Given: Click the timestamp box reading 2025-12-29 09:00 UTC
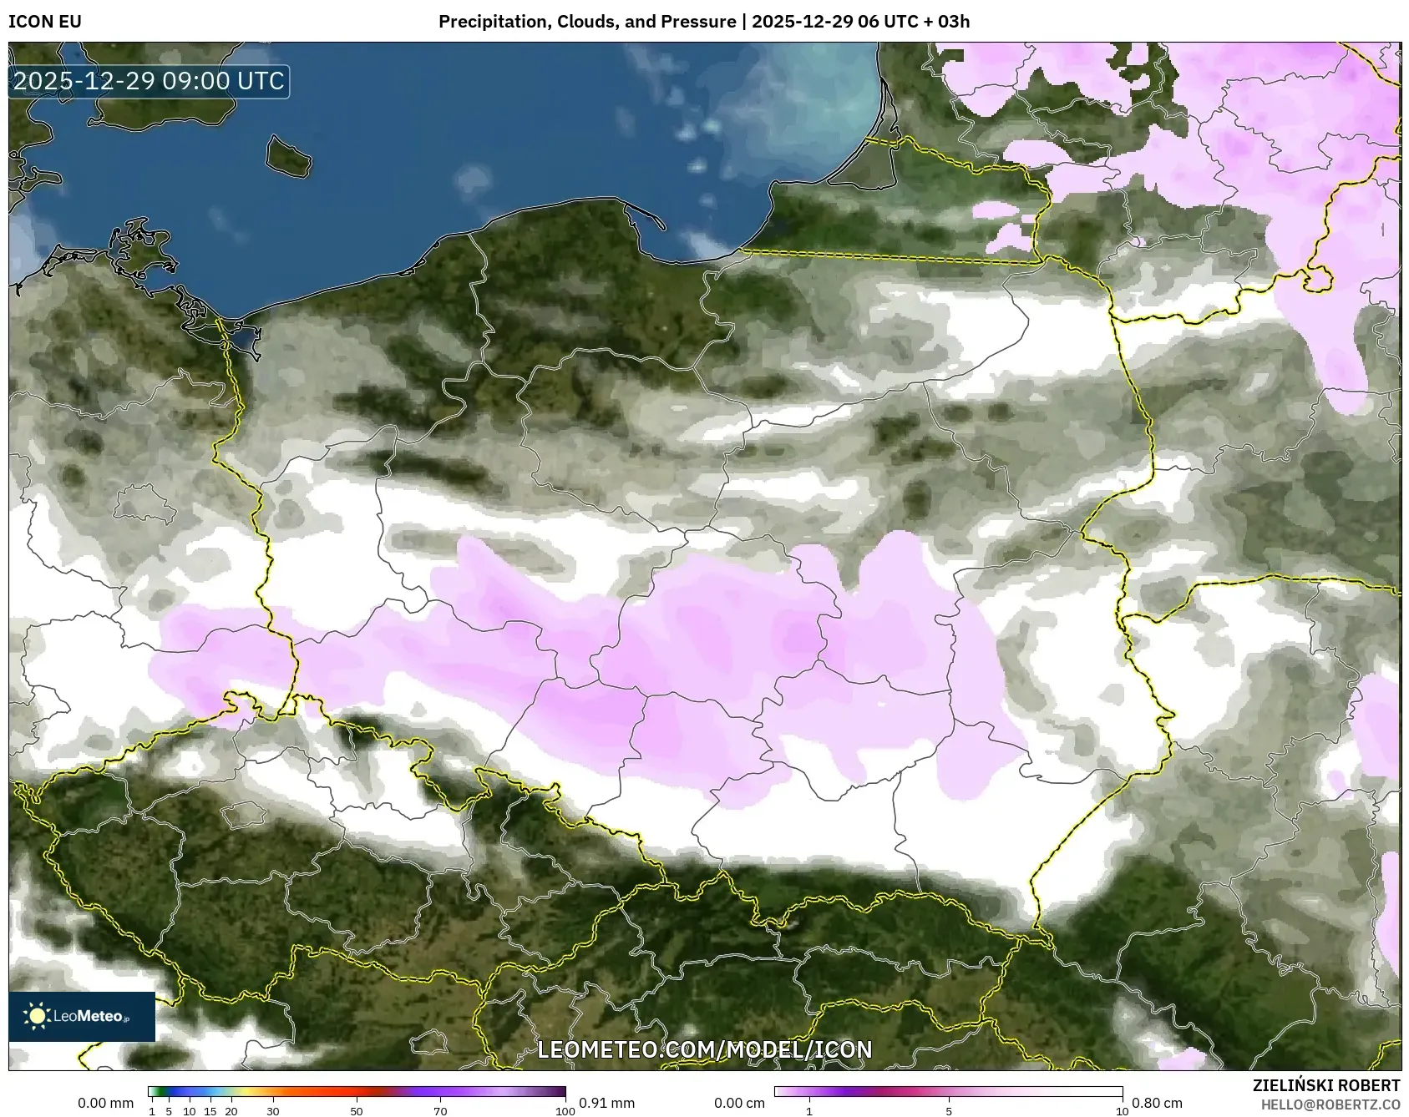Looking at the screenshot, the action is (149, 82).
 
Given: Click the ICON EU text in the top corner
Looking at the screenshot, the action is (45, 22).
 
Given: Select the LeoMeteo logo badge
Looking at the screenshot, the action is (82, 1016).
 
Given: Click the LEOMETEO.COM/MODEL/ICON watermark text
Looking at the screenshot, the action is (704, 1049).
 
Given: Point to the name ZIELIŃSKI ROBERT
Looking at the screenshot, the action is (1326, 1085).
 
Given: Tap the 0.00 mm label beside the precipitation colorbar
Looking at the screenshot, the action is (105, 1103).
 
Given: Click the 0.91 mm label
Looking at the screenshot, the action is (606, 1103).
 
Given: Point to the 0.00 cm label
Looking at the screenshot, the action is (740, 1103).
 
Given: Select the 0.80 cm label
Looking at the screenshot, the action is (1158, 1103).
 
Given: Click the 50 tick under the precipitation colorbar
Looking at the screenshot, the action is (357, 1111).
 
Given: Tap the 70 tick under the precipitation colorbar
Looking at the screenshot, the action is (440, 1111).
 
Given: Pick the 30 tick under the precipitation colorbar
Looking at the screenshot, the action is (273, 1111).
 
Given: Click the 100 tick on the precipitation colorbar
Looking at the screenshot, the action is (565, 1111).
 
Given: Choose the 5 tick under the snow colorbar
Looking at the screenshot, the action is (949, 1111).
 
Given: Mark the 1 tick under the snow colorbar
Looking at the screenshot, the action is (809, 1111).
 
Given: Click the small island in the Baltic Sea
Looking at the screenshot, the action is (288, 156).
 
